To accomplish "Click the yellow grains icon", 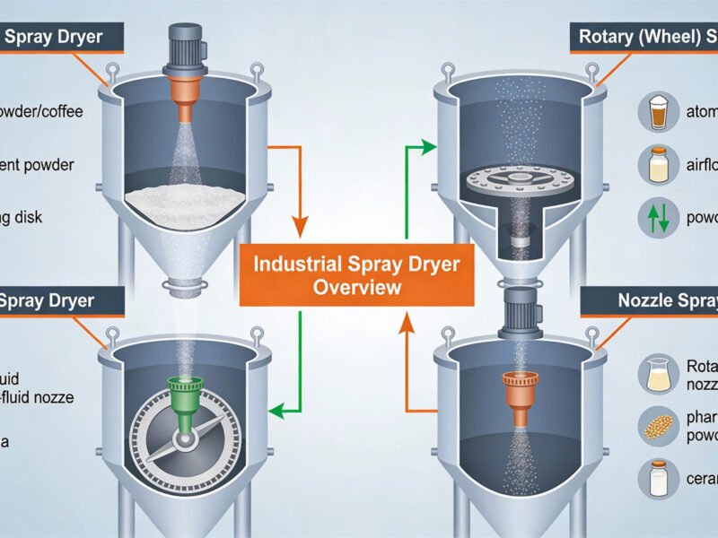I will coord(656,425).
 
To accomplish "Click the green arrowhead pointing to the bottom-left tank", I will coord(278,412).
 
